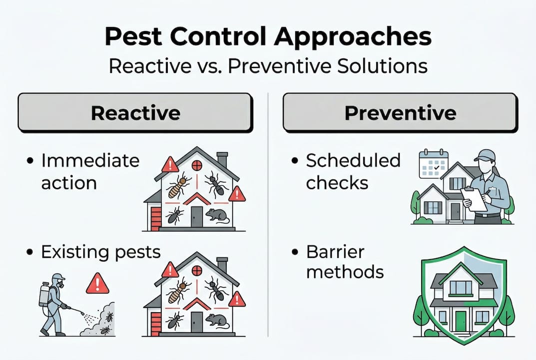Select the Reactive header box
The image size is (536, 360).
135,112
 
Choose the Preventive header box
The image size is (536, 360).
400,112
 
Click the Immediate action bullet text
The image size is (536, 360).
90,171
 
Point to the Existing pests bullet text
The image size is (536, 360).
100,251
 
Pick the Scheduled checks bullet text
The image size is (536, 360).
353,171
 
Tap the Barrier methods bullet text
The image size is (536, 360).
345,261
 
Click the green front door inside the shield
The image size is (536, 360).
460,320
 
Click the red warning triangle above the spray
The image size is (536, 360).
97,284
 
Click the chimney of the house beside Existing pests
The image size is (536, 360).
222,265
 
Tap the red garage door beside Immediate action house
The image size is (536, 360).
156,218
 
